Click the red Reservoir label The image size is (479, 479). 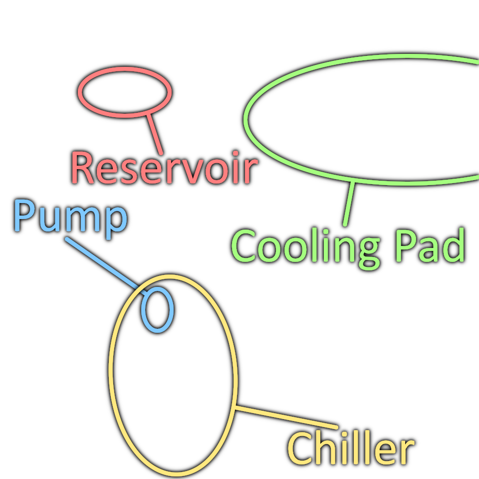pos(164,168)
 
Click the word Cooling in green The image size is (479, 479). pos(306,248)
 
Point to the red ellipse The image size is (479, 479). pos(125,92)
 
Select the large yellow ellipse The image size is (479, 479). pos(173,375)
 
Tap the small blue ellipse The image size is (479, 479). pos(157,309)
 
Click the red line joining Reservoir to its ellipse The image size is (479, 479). pos(155,134)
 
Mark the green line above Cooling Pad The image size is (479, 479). pos(349,204)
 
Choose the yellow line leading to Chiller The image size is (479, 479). pos(286,417)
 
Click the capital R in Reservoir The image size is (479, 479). pos(82,168)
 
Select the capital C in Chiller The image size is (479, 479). pos(300,448)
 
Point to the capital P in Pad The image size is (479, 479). pos(405,246)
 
